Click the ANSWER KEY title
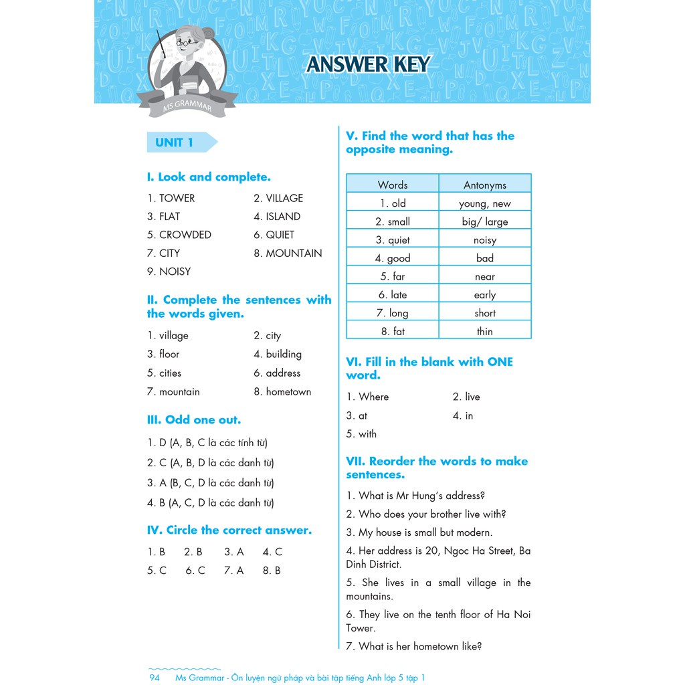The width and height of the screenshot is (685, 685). [x=368, y=64]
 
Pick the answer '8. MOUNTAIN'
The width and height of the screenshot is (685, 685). [x=288, y=253]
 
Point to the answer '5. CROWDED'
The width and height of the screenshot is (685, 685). [x=179, y=235]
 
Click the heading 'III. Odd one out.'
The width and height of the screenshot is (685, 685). [x=194, y=420]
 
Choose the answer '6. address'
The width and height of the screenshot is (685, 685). [x=277, y=373]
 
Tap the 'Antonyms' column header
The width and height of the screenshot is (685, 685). [x=485, y=185]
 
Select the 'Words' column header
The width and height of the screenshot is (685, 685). [x=393, y=185]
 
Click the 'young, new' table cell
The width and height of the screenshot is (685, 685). [x=485, y=203]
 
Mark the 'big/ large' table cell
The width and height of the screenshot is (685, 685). [x=485, y=221]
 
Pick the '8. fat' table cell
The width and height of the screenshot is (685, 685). [x=393, y=331]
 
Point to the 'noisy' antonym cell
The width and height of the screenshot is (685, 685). [x=485, y=240]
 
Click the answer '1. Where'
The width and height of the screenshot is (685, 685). [x=367, y=397]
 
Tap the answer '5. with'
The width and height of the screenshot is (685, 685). [x=361, y=434]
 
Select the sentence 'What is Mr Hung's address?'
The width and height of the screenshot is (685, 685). [x=415, y=496]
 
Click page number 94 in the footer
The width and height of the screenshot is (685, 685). [x=155, y=678]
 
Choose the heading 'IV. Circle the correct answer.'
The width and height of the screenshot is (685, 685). [x=229, y=530]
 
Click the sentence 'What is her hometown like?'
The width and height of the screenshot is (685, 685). [x=414, y=646]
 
